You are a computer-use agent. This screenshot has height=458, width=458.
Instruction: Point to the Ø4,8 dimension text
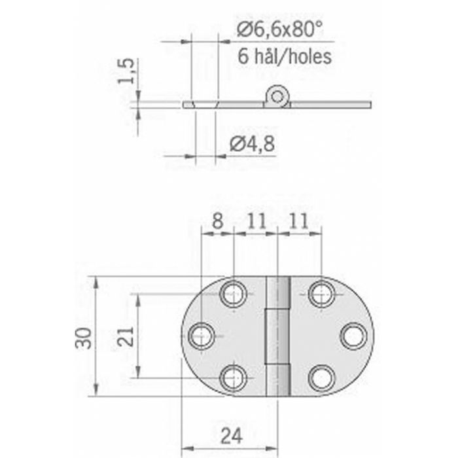[252, 144]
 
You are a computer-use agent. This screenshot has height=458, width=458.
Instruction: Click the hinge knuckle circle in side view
[277, 97]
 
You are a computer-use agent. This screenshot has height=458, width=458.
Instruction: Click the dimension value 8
[218, 221]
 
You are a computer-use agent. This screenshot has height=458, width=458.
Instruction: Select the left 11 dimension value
[256, 221]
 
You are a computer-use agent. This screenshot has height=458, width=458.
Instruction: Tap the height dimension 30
[84, 336]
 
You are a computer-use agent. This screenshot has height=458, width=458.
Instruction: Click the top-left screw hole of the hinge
[234, 294]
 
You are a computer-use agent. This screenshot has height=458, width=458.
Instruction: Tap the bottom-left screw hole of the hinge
[234, 378]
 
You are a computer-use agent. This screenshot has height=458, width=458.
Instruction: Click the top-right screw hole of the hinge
[321, 294]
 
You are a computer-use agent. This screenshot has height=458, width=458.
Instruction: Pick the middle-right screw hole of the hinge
[353, 336]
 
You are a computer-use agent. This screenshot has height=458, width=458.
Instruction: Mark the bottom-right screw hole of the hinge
[321, 378]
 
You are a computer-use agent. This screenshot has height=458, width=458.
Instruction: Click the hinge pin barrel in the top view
[277, 336]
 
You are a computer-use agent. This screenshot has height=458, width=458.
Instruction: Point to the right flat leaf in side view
[330, 104]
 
